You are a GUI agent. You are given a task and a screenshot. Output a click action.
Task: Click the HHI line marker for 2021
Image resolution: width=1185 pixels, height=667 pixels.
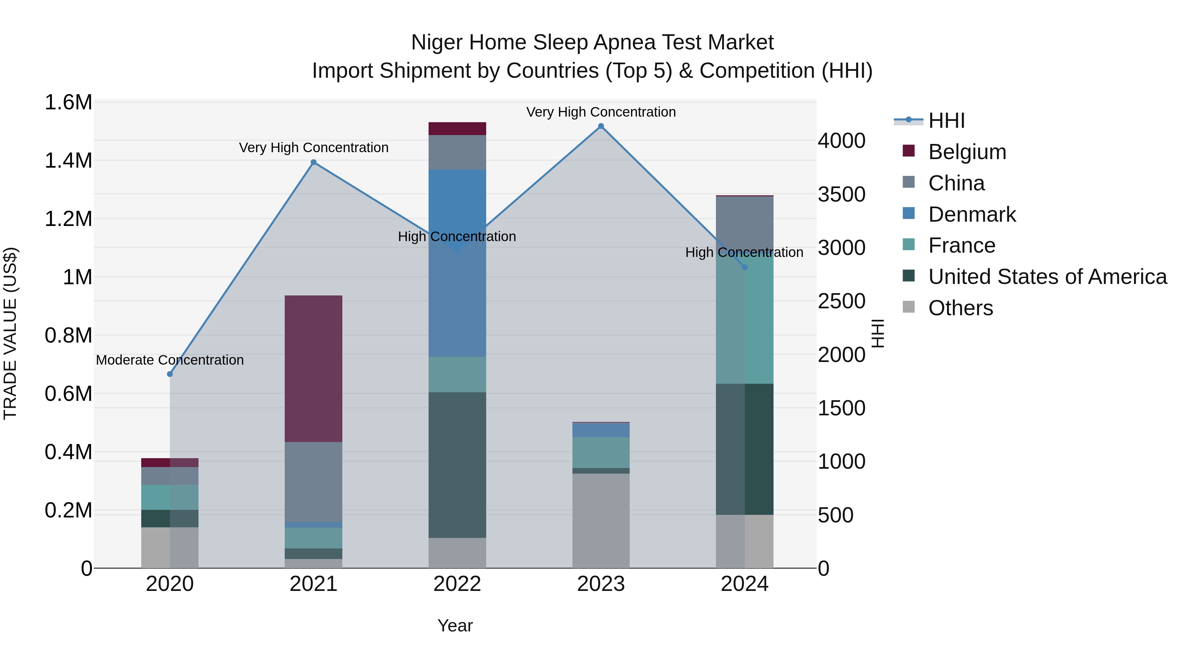313,162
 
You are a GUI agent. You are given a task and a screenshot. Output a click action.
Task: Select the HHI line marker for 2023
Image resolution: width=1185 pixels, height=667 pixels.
601,126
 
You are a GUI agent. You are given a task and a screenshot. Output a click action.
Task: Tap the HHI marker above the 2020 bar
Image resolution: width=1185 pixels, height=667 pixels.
170,374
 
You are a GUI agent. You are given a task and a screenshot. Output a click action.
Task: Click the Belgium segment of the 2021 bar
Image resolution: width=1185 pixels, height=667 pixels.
313,368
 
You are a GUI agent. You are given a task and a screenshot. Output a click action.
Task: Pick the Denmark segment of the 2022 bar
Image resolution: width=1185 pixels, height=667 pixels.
457,263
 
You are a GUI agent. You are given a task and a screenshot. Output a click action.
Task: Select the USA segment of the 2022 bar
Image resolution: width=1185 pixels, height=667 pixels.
457,465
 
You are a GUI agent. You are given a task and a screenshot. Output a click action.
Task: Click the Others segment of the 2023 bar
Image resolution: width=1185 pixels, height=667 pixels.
601,520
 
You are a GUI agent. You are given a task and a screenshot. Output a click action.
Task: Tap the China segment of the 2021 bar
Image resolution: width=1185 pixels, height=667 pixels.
313,481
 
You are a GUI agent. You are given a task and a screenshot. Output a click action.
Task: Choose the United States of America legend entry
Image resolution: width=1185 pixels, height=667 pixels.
1047,277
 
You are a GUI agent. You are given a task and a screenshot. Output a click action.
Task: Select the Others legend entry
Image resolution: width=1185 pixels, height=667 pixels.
960,308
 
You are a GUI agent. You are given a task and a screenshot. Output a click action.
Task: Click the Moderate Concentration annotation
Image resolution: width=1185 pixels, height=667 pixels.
170,360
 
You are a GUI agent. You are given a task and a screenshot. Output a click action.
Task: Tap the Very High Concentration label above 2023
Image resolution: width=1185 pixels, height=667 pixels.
601,112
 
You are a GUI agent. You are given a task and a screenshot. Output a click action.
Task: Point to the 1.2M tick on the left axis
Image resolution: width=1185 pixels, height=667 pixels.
68,219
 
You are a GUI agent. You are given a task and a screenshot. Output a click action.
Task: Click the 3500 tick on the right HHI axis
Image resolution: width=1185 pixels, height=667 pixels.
841,194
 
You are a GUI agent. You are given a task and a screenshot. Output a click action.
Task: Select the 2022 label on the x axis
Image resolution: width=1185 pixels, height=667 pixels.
457,584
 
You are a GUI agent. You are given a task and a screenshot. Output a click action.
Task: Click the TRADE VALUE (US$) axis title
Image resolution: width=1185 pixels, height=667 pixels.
10,333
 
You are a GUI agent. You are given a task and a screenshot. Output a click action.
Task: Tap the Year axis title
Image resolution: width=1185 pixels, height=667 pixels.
455,625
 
